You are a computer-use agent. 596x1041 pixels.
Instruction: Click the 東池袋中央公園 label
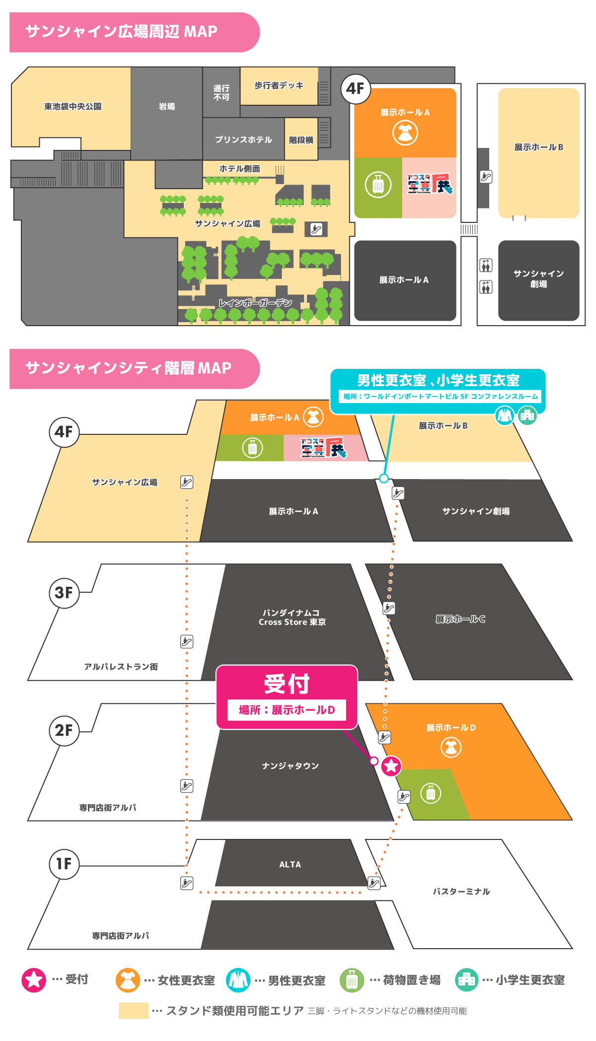coord(73,106)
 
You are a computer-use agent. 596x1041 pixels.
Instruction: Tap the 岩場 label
coord(167,106)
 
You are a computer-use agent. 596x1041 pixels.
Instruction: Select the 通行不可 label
coord(222,93)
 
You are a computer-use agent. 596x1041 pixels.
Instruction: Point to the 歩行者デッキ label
coord(279,85)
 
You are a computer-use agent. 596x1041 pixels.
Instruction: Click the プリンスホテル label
coord(243,139)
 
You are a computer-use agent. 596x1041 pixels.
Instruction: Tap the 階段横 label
coord(301,140)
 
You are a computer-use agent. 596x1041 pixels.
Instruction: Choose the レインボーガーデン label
coord(255,302)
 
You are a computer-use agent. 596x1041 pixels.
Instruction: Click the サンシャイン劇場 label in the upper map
coord(538,278)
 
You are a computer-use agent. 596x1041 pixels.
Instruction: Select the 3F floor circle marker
coord(64,592)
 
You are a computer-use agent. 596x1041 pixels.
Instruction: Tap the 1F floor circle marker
coord(64,864)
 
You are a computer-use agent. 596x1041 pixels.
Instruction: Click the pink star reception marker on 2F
coord(391,765)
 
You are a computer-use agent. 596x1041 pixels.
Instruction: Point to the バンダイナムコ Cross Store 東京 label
coord(292,617)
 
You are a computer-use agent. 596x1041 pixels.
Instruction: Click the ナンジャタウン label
coord(291,765)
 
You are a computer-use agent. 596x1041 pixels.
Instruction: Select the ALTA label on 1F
coord(290,864)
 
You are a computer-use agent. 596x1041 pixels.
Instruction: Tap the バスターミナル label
coord(461,892)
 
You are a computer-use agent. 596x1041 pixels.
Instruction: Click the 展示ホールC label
coord(460,619)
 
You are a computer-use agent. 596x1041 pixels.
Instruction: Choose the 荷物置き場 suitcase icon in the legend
coord(352,980)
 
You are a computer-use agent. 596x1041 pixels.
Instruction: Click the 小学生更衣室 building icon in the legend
coord(466,980)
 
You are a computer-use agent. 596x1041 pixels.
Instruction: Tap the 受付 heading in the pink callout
coord(287,684)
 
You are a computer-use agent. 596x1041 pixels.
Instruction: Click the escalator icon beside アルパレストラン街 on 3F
coord(187,641)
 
